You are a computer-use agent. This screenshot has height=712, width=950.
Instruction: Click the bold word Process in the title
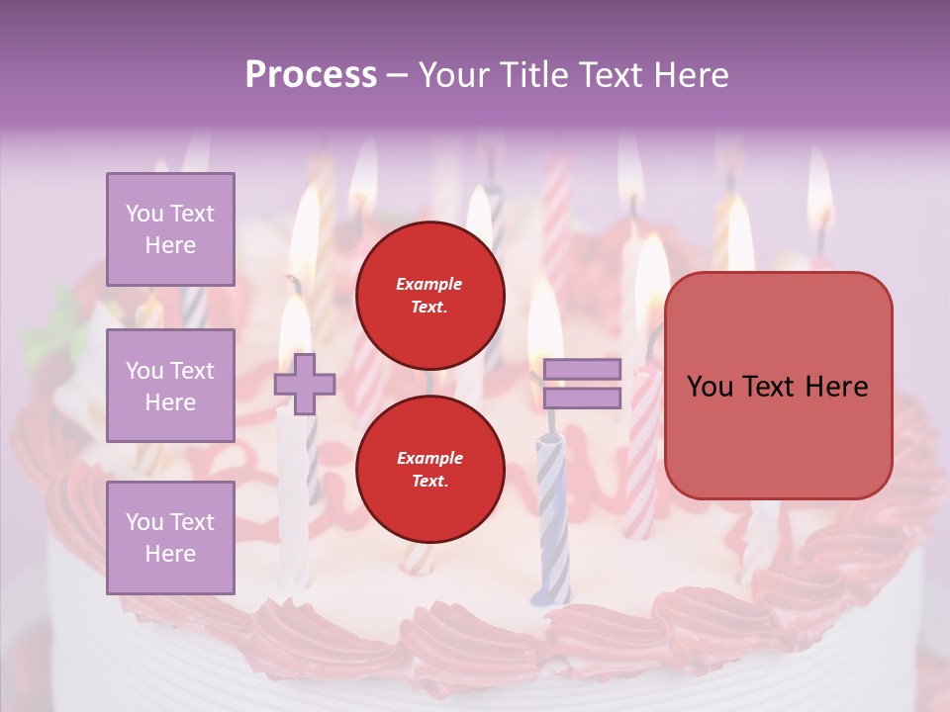311,75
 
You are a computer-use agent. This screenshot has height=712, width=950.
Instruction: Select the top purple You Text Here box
170,229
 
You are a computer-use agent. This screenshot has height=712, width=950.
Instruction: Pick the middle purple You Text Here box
170,386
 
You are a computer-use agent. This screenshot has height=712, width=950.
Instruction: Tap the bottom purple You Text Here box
170,537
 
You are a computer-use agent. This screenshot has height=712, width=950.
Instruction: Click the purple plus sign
305,384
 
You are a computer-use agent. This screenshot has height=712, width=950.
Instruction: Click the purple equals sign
583,384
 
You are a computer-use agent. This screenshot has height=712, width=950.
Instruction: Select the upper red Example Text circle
429,295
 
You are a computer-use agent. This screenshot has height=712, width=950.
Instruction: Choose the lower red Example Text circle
429,469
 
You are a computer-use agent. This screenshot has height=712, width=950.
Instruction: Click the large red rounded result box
778,386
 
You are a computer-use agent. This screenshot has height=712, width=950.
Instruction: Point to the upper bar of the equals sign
583,370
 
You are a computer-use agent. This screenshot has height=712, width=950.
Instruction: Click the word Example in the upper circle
429,284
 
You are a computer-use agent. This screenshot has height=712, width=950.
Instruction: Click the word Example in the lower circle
429,458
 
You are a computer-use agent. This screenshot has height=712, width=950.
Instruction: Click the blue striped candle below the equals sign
552,514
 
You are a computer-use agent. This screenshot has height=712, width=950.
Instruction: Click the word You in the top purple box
143,214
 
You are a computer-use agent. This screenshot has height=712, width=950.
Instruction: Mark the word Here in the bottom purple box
170,554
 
